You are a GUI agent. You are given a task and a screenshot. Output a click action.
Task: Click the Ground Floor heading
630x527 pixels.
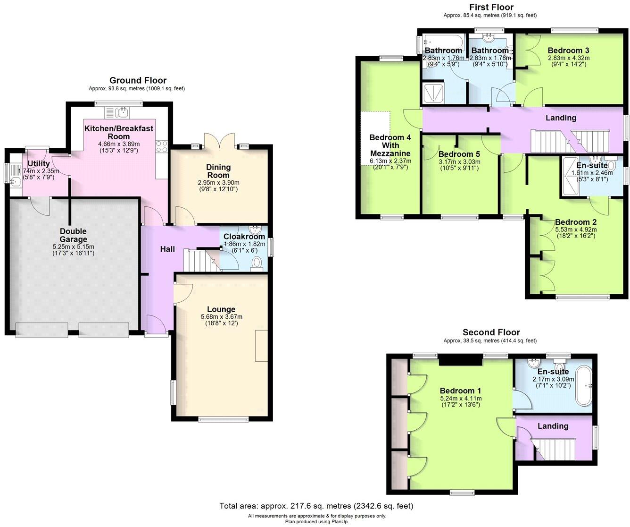pos(138,80)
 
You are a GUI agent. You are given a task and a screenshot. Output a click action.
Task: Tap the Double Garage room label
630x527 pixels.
pos(73,235)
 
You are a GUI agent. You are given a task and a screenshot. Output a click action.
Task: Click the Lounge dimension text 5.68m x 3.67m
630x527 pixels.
pos(221,317)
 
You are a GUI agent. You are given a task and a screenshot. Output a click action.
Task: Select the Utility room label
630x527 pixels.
pos(38,163)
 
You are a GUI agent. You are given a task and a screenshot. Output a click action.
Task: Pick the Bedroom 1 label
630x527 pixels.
pos(460,391)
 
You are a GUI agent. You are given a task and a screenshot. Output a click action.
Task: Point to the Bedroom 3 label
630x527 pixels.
pos(568,51)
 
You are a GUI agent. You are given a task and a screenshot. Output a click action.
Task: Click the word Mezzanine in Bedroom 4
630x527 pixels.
pos(390,153)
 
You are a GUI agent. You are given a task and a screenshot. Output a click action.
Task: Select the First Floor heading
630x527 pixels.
pos(491,7)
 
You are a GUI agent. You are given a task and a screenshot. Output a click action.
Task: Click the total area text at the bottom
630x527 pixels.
pos(316,506)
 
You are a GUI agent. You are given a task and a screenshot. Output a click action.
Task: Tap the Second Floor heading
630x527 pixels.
pos(491,332)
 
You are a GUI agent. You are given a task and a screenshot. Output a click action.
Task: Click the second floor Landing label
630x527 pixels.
pos(553,426)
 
